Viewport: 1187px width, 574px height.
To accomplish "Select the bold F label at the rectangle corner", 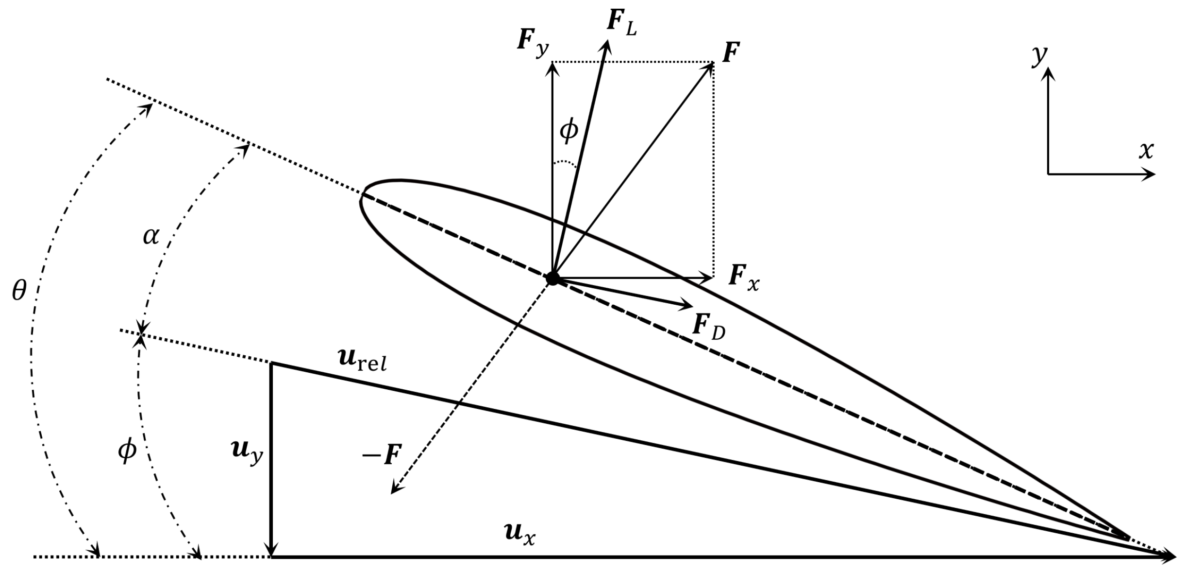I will pos(731,52).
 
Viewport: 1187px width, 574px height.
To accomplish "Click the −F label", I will pos(382,455).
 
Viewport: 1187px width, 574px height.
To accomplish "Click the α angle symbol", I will pos(151,237).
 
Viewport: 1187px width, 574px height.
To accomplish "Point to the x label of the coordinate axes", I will pos(1146,151).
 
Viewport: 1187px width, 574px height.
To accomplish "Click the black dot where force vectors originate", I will pos(552,278).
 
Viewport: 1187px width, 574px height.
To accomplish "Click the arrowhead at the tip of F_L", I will pos(606,44).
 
